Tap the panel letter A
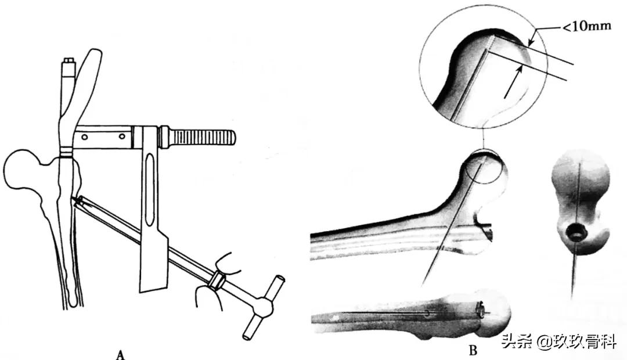click(120, 353)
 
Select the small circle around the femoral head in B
click(485, 166)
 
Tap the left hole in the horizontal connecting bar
click(85, 138)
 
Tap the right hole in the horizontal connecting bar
click(122, 138)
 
